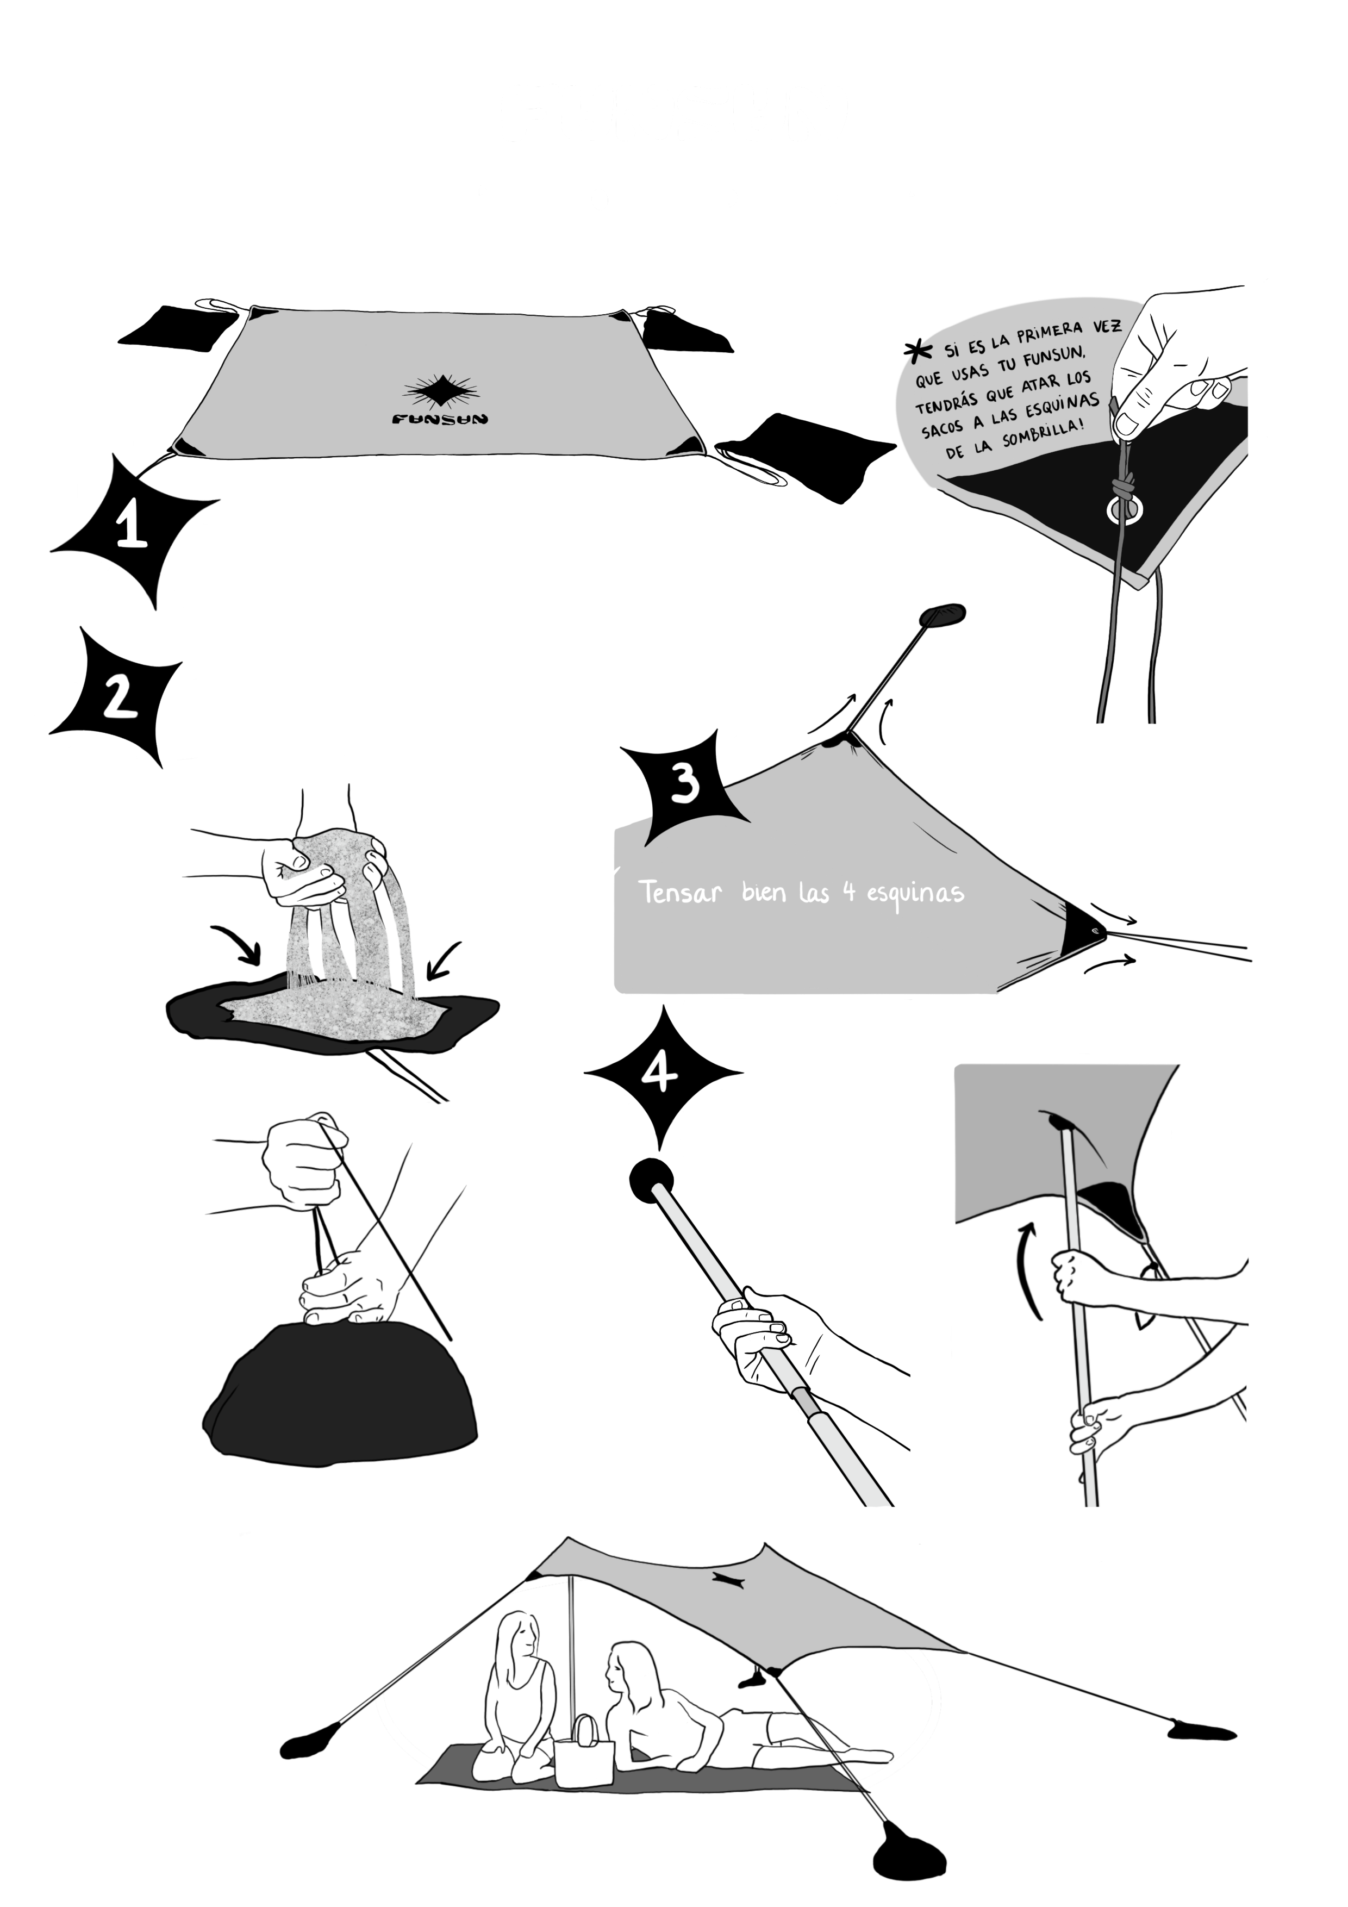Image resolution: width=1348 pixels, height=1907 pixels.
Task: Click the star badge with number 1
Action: click(x=133, y=532)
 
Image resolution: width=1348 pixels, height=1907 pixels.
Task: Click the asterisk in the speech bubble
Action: click(x=916, y=352)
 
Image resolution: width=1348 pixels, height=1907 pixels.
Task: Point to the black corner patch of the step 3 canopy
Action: click(x=1082, y=924)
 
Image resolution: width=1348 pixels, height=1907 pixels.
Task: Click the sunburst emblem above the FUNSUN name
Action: click(x=440, y=389)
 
